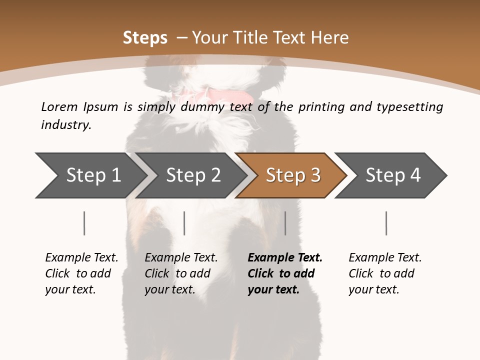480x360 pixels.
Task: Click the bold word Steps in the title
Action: point(145,38)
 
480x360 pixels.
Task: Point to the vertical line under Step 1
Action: point(84,223)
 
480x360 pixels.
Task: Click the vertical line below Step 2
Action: point(184,223)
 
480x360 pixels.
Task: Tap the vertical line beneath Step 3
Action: point(285,223)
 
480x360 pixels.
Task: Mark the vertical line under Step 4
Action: point(386,223)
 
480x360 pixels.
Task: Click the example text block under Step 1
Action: point(81,273)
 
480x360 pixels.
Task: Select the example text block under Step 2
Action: point(181,273)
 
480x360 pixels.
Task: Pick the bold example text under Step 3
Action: point(285,273)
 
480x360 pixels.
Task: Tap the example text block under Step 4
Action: point(385,273)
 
